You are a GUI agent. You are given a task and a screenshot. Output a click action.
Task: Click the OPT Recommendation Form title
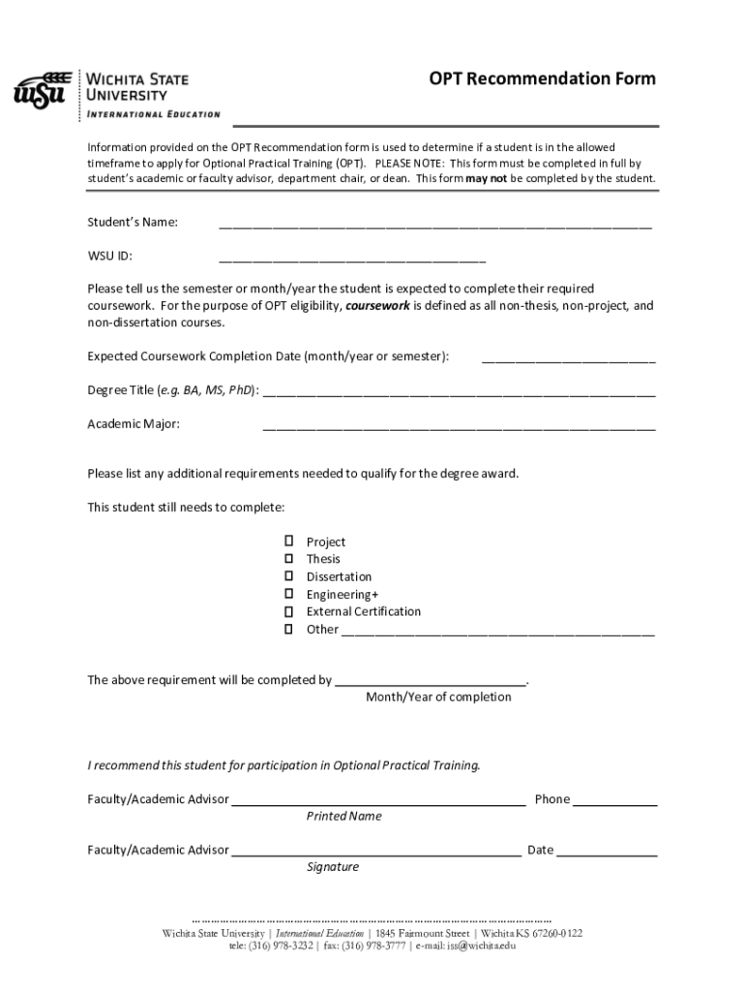[543, 78]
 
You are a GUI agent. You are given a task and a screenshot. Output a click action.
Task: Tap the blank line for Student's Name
[434, 225]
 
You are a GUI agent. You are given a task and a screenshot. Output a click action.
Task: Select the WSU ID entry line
[352, 258]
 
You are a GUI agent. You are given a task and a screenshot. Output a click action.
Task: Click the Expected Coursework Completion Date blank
[568, 358]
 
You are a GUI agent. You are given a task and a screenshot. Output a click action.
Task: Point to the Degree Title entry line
[459, 392]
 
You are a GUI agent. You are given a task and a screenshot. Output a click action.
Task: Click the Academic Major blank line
[459, 426]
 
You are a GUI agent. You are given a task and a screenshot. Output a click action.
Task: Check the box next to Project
[288, 542]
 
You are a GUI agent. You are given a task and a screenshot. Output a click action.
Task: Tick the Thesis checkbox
[288, 559]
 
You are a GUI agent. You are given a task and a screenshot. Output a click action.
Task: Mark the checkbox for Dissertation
[288, 577]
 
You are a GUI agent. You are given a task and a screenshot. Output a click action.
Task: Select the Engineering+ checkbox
[288, 594]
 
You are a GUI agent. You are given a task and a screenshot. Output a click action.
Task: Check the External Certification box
[288, 612]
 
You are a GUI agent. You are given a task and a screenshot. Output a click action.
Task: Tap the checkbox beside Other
[288, 629]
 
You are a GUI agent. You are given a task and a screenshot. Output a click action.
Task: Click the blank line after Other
[497, 631]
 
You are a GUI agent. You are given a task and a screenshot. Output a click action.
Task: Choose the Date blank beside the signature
[607, 853]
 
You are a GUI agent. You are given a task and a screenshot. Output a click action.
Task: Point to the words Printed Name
[343, 817]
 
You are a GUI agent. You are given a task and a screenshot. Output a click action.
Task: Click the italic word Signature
[333, 867]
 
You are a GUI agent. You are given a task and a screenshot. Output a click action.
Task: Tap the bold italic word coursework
[377, 306]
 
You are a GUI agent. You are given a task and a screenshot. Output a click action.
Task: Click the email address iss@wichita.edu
[481, 946]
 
